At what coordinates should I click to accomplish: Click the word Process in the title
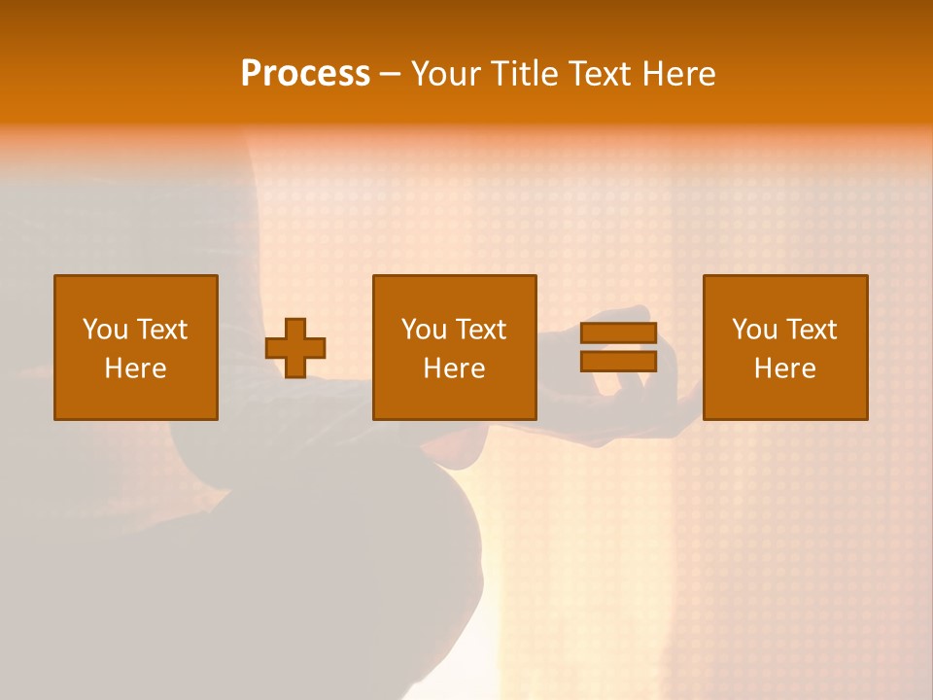305,74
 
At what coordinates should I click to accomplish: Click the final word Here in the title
679,74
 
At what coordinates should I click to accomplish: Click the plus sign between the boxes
295,348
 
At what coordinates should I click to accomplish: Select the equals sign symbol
618,347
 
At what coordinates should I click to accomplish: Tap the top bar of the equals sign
618,333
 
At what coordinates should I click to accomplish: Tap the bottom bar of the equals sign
618,361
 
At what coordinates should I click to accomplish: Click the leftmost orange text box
136,347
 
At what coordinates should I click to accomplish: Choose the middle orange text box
455,347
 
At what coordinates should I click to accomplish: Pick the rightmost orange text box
785,347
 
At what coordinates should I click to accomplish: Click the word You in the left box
105,330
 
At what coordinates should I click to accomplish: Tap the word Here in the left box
136,368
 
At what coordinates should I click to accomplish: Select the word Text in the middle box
482,330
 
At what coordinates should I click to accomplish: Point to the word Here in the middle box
455,368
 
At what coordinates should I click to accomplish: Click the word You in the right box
754,330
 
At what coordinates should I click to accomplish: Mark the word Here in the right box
785,368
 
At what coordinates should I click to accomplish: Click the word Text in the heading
603,74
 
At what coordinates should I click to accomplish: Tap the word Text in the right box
812,330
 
